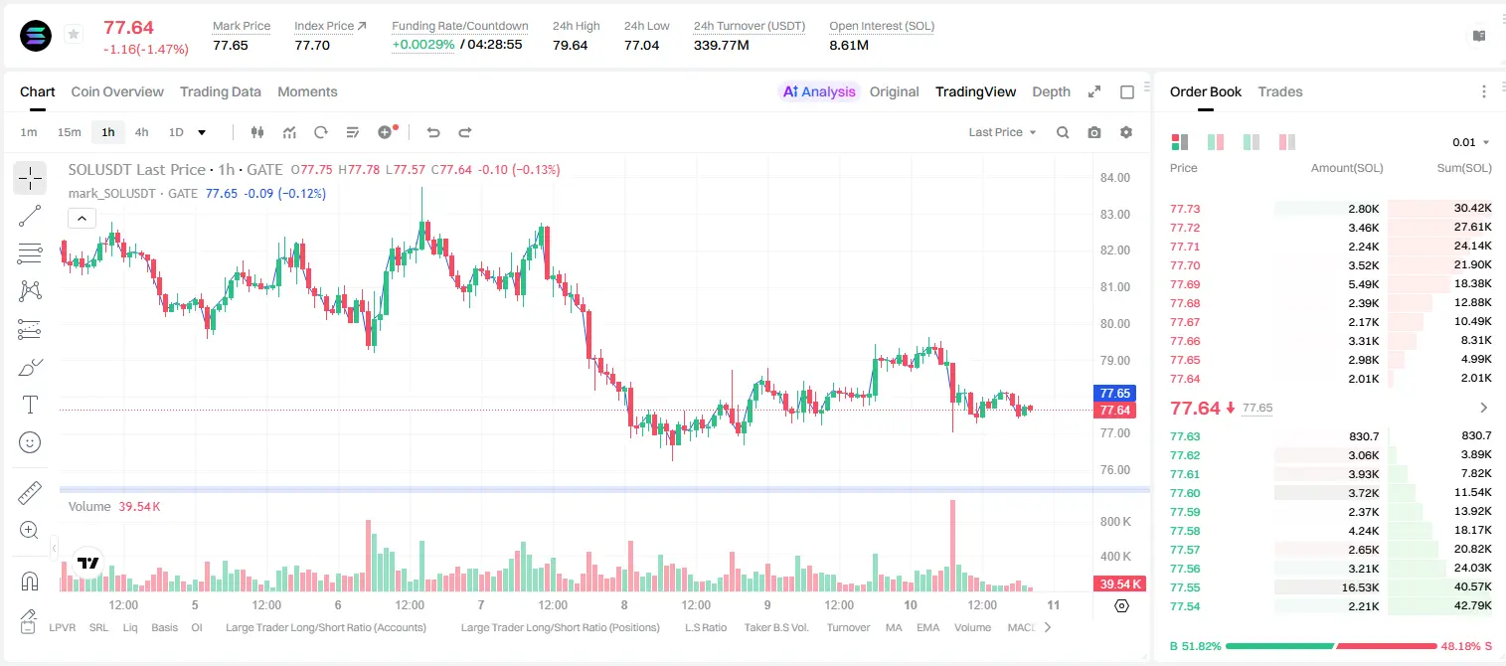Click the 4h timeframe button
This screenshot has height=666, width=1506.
(x=141, y=132)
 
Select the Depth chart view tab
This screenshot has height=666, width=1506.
(x=1051, y=92)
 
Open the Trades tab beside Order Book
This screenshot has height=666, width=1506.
(x=1280, y=92)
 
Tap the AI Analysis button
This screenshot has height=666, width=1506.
(x=819, y=92)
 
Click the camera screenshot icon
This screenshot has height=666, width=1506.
(x=1094, y=132)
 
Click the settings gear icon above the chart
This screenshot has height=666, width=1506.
(x=1126, y=132)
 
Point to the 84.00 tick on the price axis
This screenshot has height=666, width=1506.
(x=1114, y=178)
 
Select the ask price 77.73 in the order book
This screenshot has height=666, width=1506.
(x=1185, y=209)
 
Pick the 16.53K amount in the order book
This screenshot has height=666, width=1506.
(x=1360, y=587)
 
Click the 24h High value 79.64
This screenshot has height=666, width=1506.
(x=571, y=45)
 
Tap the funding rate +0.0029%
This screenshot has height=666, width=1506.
(x=422, y=45)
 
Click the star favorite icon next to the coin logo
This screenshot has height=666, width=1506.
(x=74, y=34)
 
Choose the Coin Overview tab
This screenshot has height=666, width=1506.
(x=117, y=92)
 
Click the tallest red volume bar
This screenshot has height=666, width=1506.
(x=952, y=546)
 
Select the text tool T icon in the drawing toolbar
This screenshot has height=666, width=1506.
(x=30, y=405)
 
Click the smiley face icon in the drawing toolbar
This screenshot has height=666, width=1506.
(x=30, y=442)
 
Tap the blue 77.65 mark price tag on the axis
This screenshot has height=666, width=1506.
(x=1114, y=394)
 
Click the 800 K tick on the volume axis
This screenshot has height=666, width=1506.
(x=1115, y=522)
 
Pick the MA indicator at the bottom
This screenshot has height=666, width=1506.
(x=894, y=627)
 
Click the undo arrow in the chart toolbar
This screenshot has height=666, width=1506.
(x=433, y=132)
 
